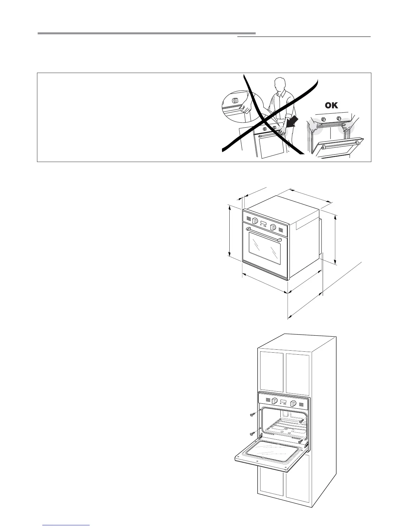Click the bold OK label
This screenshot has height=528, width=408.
pos(331,106)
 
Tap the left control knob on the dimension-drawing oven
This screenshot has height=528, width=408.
pos(255,221)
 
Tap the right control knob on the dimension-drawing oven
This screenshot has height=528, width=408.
pos(273,228)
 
